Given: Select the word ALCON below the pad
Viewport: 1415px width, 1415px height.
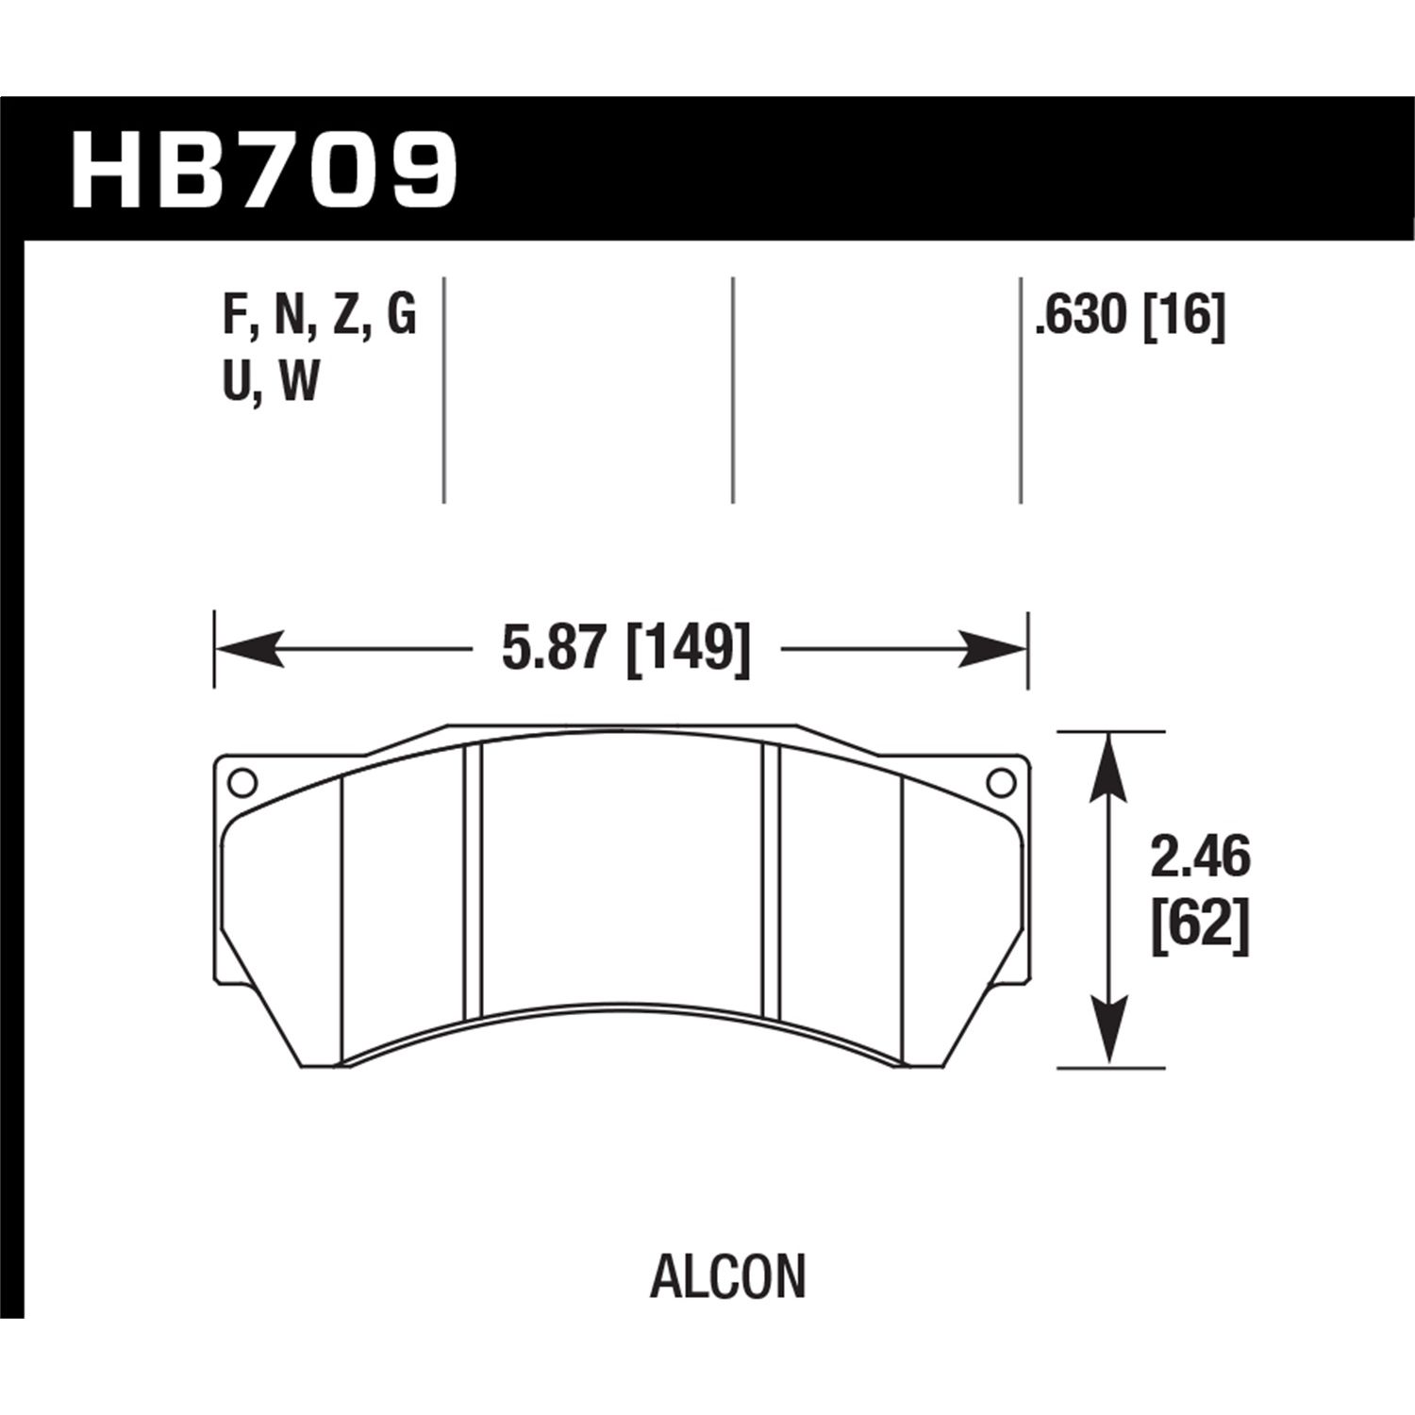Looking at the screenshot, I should pyautogui.click(x=727, y=1277).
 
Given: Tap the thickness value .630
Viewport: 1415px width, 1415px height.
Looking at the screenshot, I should pyautogui.click(x=1081, y=315).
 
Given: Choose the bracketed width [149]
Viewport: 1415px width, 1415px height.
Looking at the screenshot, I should pyautogui.click(x=689, y=649).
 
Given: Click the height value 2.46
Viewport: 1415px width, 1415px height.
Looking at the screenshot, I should pyautogui.click(x=1200, y=859).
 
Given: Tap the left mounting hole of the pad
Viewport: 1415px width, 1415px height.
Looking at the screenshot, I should pyautogui.click(x=241, y=783).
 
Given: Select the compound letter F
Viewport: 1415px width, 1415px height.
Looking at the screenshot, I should pyautogui.click(x=233, y=315).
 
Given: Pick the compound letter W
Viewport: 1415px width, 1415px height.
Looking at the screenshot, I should pyautogui.click(x=300, y=382).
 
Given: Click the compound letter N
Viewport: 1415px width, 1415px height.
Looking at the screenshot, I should pyautogui.click(x=288, y=315).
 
